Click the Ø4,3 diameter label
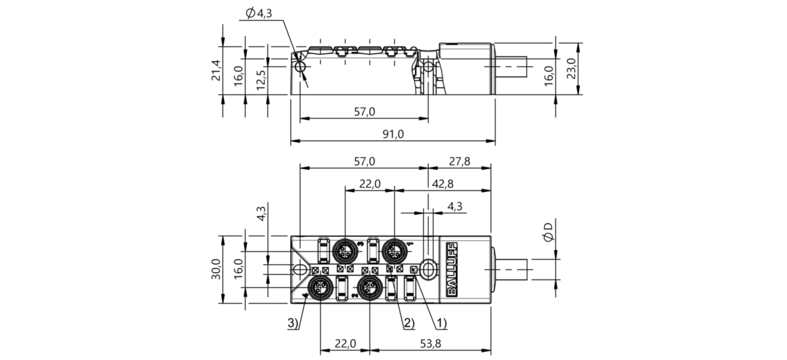point(259,14)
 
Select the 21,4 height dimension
point(216,70)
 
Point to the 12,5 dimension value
point(261,79)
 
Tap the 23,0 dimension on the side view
point(571,68)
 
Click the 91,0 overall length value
point(393,134)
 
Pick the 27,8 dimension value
point(459,161)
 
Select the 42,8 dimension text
point(443,184)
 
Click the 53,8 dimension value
point(431,343)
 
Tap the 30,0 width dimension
point(216,269)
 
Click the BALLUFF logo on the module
point(451,269)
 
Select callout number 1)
point(441,323)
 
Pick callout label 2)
point(409,323)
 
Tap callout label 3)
point(293,323)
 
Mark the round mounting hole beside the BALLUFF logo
point(428,270)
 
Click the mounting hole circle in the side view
point(301,67)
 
